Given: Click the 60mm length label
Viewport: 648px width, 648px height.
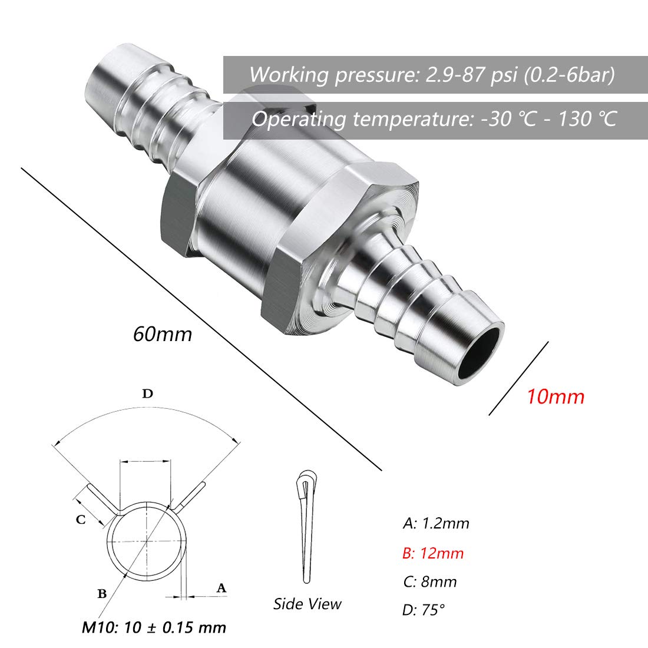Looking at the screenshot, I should click(163, 334).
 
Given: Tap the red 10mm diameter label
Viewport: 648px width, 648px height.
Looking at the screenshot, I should click(556, 396).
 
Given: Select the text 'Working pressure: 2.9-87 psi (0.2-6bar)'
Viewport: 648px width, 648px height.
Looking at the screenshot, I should click(432, 75).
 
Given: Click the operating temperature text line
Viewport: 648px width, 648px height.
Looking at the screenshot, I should click(434, 119).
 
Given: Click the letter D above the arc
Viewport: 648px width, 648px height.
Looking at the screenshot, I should click(147, 394).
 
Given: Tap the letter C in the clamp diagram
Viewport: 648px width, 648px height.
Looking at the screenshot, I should click(81, 519).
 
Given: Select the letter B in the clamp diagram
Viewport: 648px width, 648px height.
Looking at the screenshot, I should click(102, 593).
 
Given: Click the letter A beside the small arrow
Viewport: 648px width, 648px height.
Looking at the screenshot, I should click(221, 587).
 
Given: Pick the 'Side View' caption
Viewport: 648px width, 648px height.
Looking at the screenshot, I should click(307, 604).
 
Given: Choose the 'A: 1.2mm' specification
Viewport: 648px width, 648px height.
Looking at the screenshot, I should click(436, 523).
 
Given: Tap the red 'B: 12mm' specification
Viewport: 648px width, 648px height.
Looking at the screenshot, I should click(433, 553).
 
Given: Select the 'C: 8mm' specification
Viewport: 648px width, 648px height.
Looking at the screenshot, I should click(430, 582).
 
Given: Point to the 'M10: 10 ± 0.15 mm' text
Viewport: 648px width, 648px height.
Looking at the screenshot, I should click(154, 627).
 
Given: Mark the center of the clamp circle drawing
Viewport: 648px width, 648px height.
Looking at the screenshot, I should click(146, 541).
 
